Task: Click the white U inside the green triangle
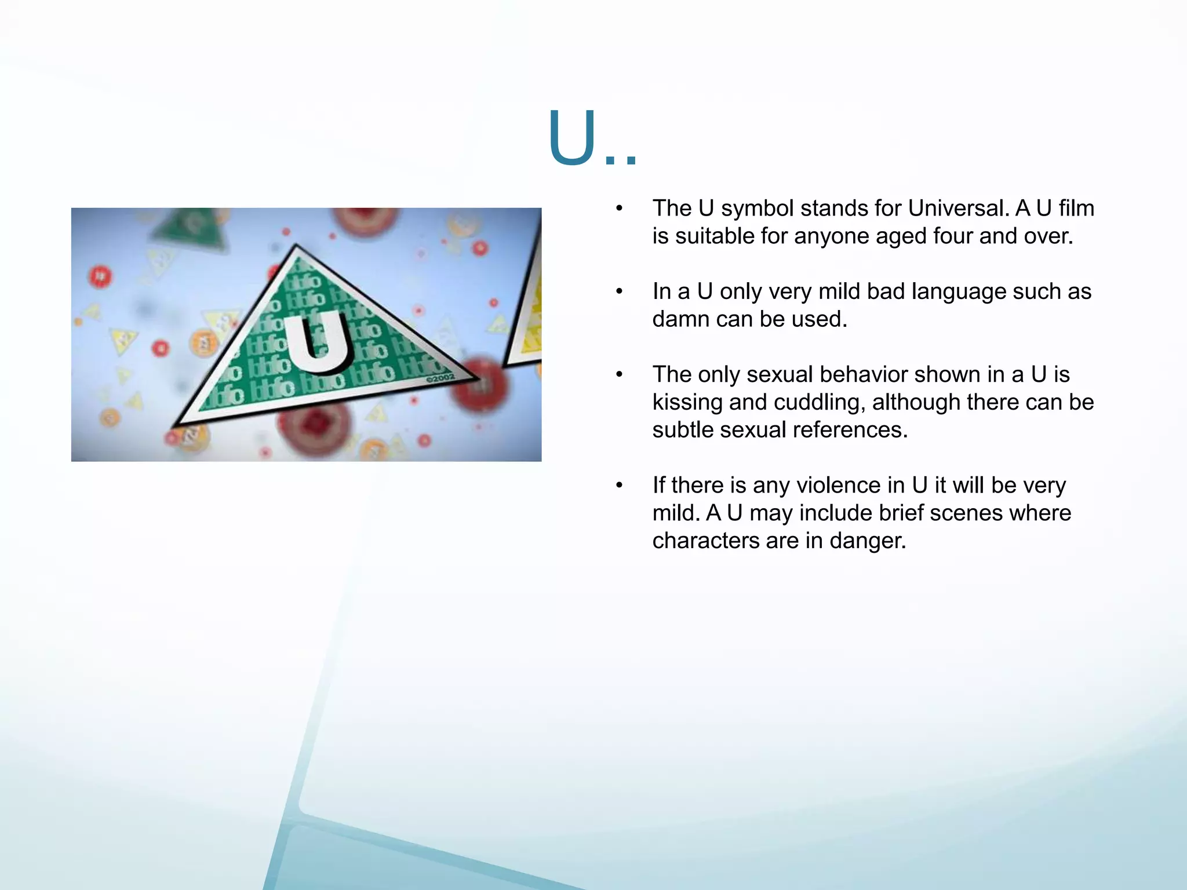[318, 341]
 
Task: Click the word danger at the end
[867, 541]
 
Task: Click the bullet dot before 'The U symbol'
[619, 209]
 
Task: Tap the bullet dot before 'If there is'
[619, 486]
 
